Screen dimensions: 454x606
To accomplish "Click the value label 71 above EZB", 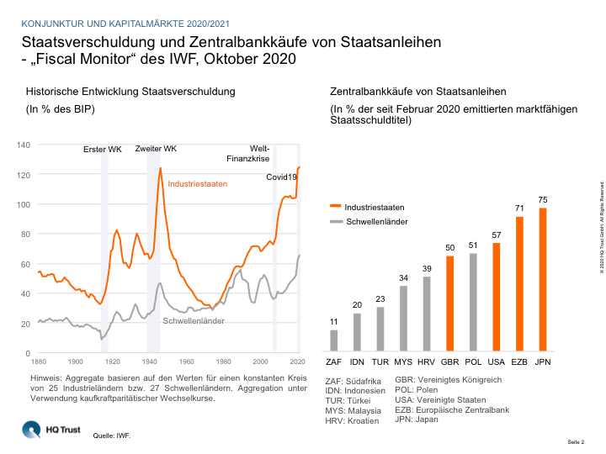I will coord(518,208).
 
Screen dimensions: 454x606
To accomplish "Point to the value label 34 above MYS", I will coord(403,277).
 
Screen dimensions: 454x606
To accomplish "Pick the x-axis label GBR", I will coord(449,363).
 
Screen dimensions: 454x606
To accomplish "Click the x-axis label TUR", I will coord(380,363).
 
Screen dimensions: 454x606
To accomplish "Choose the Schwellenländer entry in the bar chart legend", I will coord(375,222).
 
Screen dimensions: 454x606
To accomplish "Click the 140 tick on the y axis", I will coord(24,145).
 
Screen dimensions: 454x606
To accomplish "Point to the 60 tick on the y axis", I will coord(26,264).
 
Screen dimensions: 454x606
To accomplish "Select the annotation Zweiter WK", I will coord(156,149).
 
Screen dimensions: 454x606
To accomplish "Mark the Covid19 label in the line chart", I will coord(282,177).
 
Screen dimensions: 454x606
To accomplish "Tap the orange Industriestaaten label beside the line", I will coord(198,183).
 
